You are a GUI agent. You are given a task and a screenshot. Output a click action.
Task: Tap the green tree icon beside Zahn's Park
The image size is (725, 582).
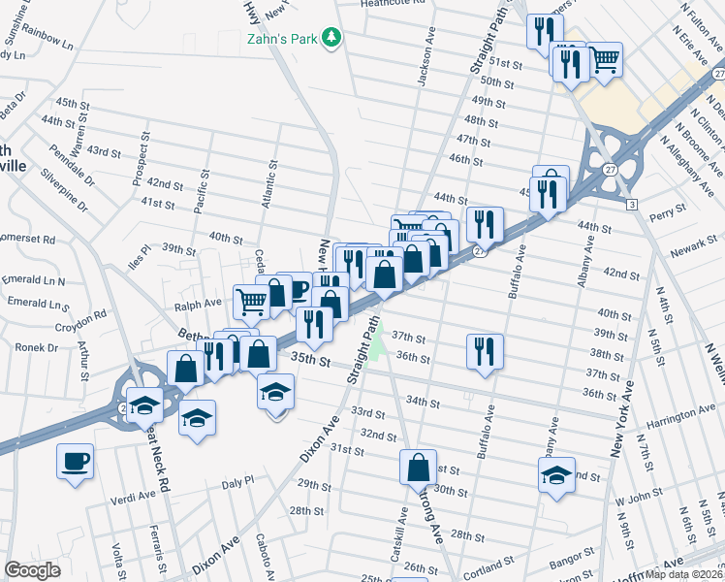click(332, 37)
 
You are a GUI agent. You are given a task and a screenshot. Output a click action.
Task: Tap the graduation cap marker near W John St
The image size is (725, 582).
click(556, 475)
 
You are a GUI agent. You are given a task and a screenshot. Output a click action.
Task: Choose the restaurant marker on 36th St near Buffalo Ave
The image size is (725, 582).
click(484, 351)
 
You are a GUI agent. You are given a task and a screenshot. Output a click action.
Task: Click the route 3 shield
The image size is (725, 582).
click(632, 205)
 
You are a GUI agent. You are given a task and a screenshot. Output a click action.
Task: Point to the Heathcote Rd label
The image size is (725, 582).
click(393, 4)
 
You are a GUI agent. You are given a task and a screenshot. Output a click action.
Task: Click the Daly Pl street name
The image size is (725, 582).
click(237, 480)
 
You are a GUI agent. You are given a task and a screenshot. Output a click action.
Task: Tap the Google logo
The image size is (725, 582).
click(33, 570)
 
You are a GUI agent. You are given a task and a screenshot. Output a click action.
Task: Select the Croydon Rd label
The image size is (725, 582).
click(80, 319)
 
